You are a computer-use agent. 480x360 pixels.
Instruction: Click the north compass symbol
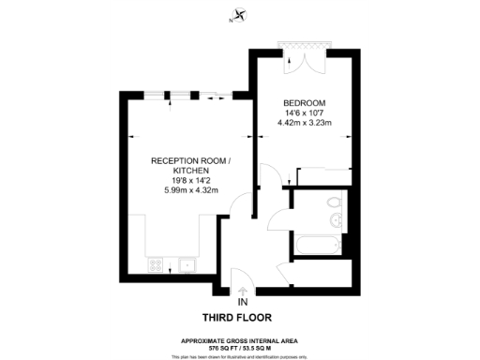[x=240, y=14]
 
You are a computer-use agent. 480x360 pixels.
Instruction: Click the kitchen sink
[x=187, y=265]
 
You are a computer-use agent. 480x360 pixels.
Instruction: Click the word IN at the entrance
[x=242, y=302]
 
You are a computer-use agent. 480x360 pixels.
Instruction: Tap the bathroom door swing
[x=279, y=221]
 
